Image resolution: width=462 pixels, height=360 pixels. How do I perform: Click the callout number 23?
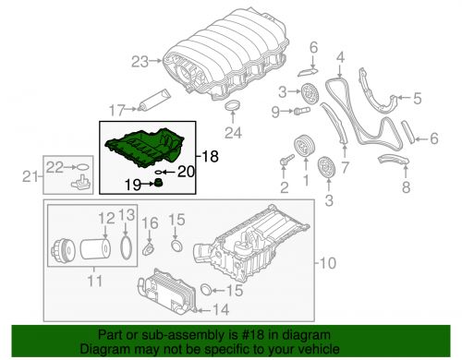[x=139, y=63]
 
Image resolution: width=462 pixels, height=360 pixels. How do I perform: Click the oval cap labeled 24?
[x=235, y=114]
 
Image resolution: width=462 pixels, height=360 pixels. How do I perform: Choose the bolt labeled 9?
[x=300, y=113]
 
